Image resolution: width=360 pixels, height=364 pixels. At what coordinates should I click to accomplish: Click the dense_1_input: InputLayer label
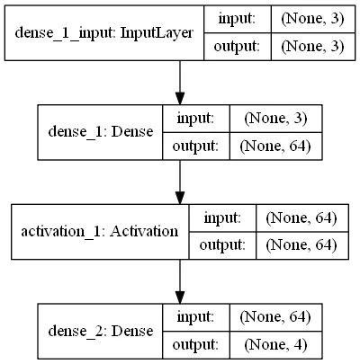(103, 33)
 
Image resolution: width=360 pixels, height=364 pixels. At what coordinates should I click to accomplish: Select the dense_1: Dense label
(101, 132)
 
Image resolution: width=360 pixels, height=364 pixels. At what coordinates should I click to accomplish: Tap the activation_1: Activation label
(100, 232)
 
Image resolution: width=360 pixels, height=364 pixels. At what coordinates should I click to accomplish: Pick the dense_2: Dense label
(101, 331)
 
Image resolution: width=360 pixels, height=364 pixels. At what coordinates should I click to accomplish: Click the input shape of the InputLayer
(312, 19)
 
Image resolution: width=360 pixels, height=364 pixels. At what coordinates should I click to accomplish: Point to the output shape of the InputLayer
(312, 47)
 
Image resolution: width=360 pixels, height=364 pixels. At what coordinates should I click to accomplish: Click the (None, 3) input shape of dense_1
(275, 119)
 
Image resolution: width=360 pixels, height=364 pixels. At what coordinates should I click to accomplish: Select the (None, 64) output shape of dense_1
(275, 146)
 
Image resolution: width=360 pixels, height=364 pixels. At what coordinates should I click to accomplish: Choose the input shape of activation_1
(301, 218)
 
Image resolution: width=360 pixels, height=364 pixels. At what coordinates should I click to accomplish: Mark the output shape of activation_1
(301, 245)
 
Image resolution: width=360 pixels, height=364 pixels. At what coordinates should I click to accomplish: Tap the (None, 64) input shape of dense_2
(275, 317)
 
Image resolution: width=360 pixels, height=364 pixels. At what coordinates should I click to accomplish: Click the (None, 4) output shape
(275, 345)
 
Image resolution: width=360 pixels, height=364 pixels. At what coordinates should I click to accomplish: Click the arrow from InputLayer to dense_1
(180, 83)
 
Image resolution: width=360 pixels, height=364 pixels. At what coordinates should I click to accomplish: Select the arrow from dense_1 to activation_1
(180, 182)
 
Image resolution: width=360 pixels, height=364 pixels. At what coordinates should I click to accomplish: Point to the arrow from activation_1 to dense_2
(180, 281)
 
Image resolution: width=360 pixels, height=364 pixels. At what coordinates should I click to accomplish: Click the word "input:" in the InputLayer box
(237, 19)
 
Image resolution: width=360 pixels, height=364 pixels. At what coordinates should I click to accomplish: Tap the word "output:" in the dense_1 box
(195, 146)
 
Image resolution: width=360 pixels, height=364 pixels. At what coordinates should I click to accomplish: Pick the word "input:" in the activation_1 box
(222, 218)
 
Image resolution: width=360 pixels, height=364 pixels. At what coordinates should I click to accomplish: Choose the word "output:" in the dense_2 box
(195, 345)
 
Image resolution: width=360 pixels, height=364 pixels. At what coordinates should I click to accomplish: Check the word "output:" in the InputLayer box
(237, 47)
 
